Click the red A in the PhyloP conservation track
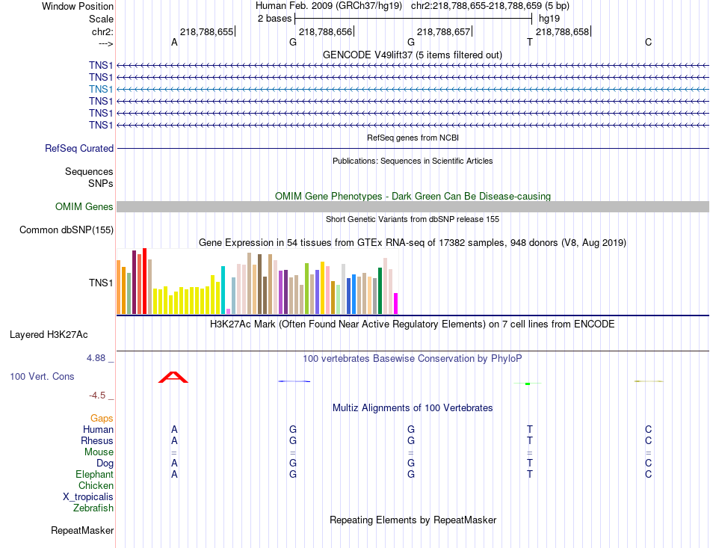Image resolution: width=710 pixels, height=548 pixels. [x=173, y=377]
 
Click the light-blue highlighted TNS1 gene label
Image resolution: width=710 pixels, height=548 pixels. [x=101, y=89]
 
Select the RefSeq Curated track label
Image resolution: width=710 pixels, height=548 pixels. [x=79, y=149]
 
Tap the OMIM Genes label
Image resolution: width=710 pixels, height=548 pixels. [x=84, y=207]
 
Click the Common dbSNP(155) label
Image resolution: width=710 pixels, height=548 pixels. [x=67, y=230]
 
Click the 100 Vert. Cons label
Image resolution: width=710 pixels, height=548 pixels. [x=43, y=377]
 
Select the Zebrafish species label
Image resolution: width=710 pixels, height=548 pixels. [x=93, y=508]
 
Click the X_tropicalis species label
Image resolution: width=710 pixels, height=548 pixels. [x=88, y=497]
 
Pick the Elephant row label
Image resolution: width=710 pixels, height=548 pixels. [x=95, y=475]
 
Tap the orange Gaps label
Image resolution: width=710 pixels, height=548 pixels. [x=102, y=419]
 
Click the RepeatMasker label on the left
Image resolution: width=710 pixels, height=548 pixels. [x=82, y=531]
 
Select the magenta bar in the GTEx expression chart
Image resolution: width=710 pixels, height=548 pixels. [x=395, y=304]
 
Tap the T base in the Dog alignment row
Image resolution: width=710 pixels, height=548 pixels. [x=530, y=464]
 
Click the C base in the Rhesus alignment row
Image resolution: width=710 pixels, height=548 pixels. [x=648, y=441]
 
